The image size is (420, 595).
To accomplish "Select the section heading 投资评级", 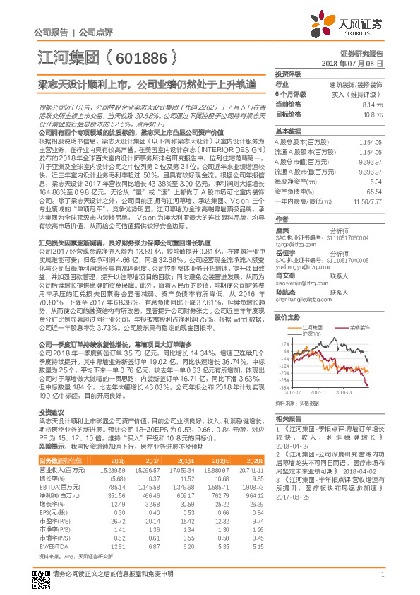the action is pos(287,73).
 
